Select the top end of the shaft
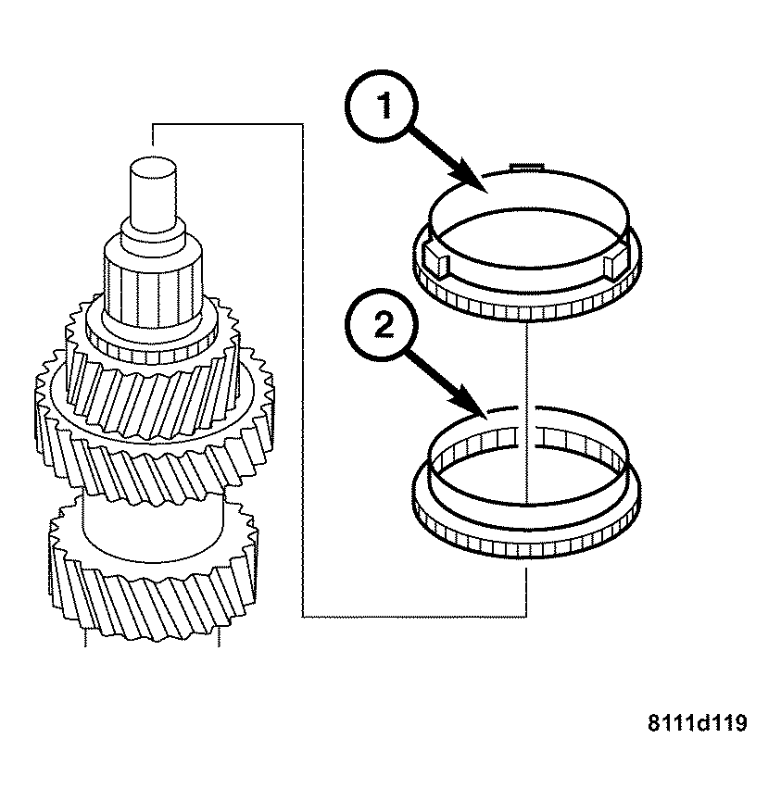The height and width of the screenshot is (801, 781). tap(152, 168)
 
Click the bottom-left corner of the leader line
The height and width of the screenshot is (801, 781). tap(304, 616)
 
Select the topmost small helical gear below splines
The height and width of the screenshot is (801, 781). tap(152, 338)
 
